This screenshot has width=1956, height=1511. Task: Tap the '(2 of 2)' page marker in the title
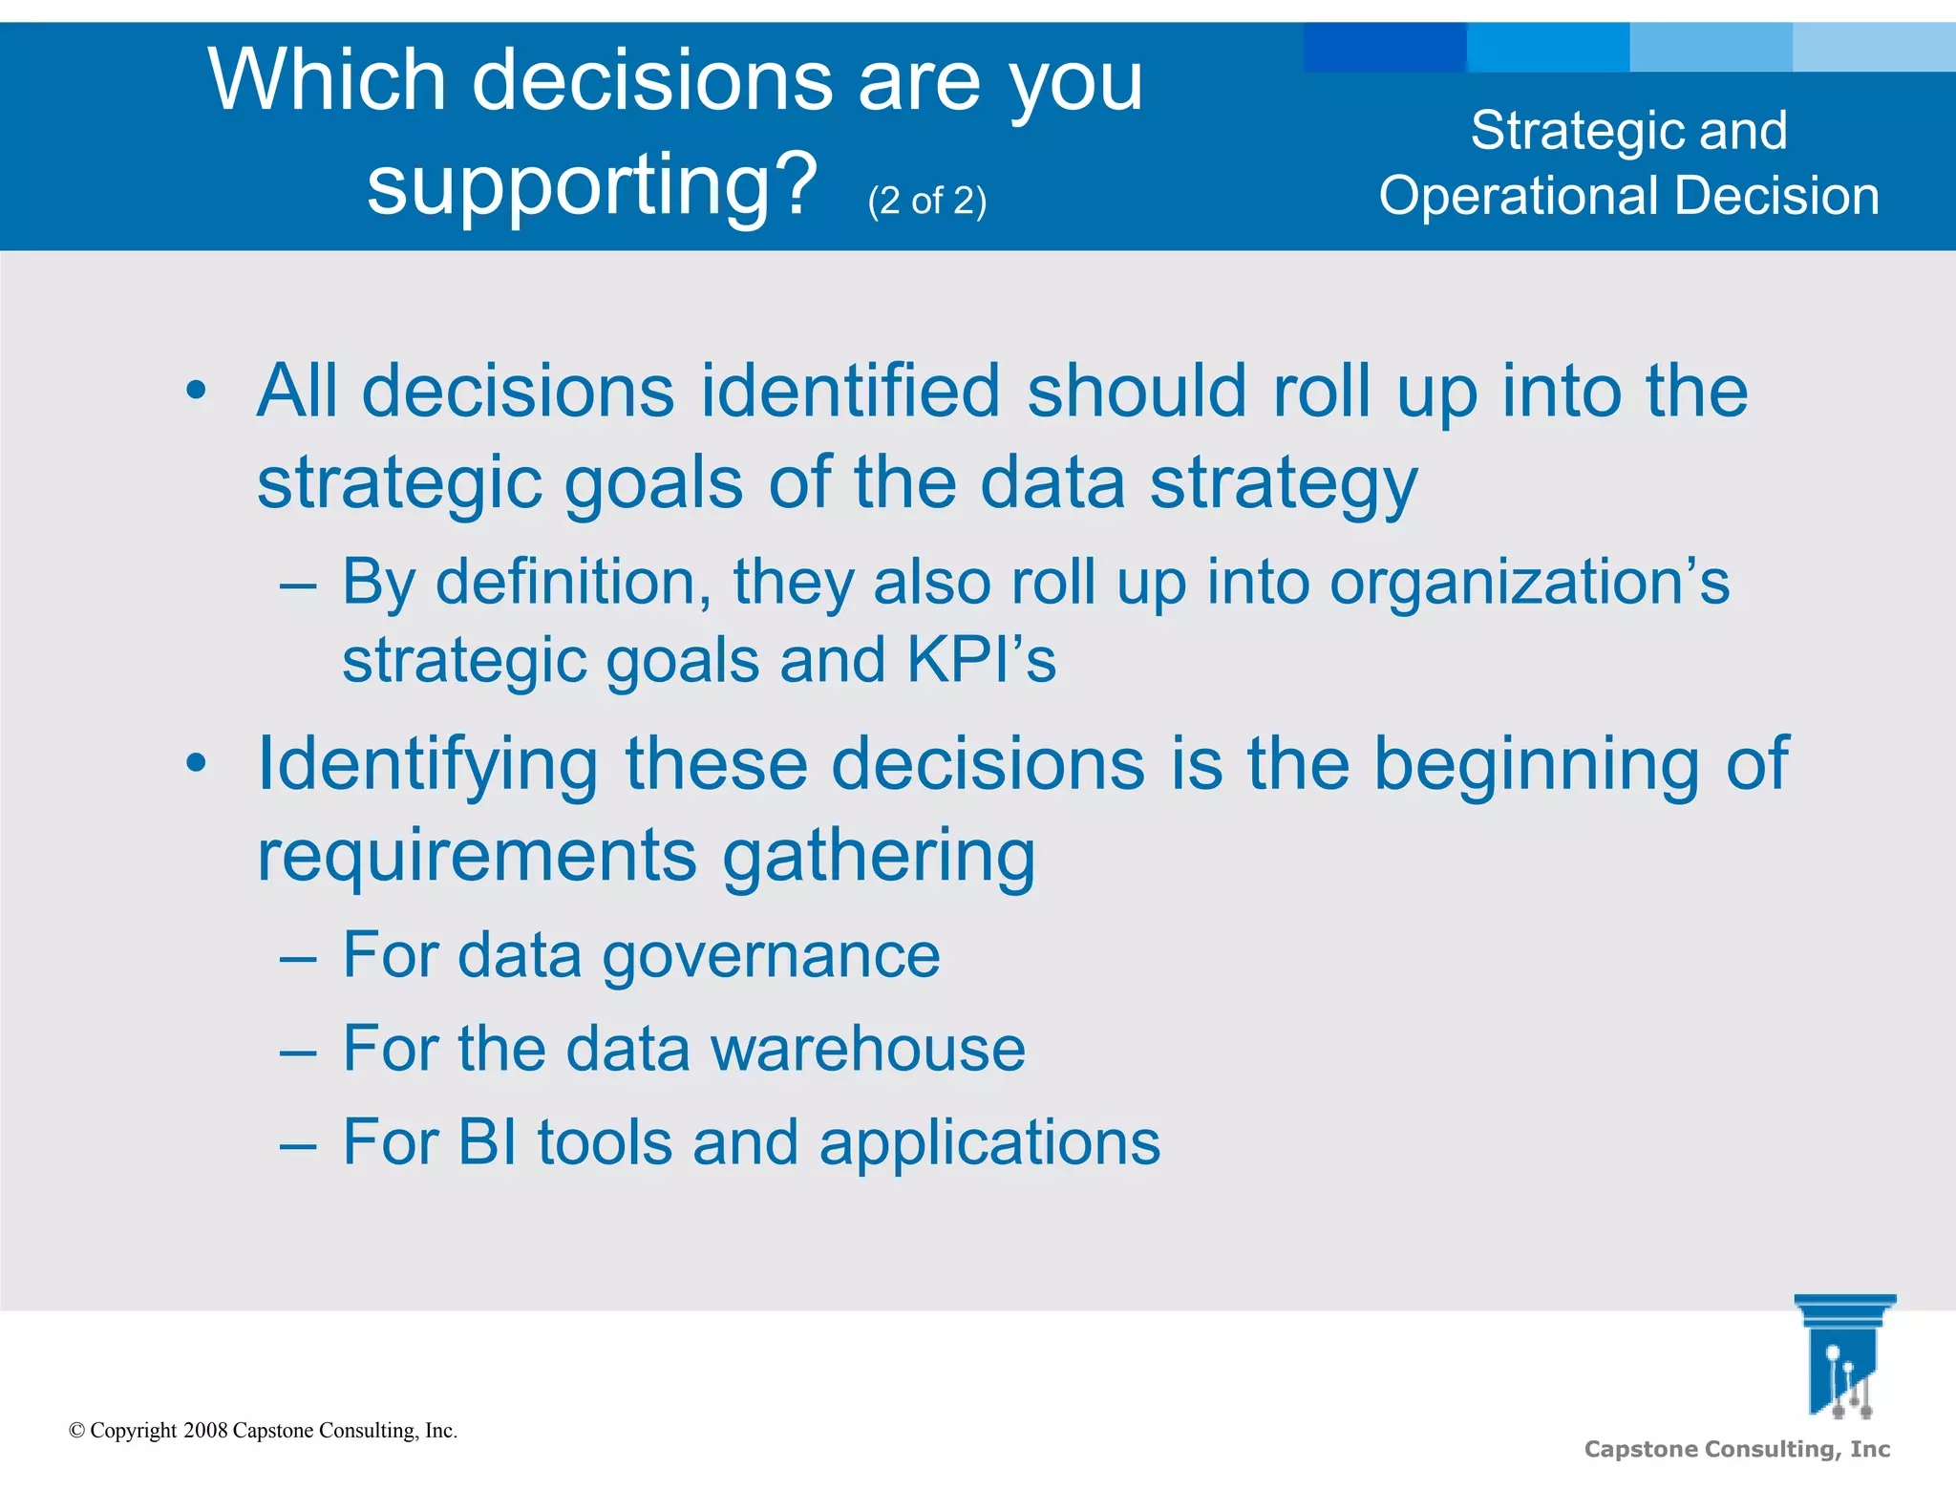926,201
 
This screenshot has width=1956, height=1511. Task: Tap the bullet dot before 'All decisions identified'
196,391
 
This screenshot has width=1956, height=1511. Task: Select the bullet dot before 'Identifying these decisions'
196,763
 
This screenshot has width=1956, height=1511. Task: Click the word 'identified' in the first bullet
850,391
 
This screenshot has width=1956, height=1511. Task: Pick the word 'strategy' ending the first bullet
1284,483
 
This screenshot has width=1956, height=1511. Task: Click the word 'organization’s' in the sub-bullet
1529,582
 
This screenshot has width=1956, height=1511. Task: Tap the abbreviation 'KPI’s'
981,660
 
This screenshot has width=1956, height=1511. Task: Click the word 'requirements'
477,855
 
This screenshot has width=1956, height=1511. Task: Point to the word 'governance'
771,955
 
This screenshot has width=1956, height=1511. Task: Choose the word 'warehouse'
868,1049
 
